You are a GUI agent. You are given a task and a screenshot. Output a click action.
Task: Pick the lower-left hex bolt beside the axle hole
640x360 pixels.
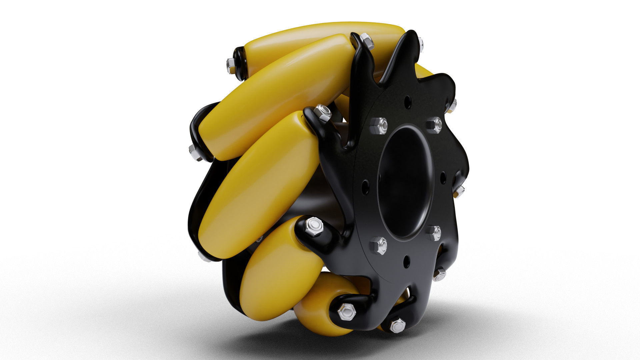pos(379,246)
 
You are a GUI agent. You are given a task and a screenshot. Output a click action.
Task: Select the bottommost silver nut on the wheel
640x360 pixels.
pos(397,326)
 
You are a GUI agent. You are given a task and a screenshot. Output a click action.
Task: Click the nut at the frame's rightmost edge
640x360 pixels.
pos(459,191)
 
